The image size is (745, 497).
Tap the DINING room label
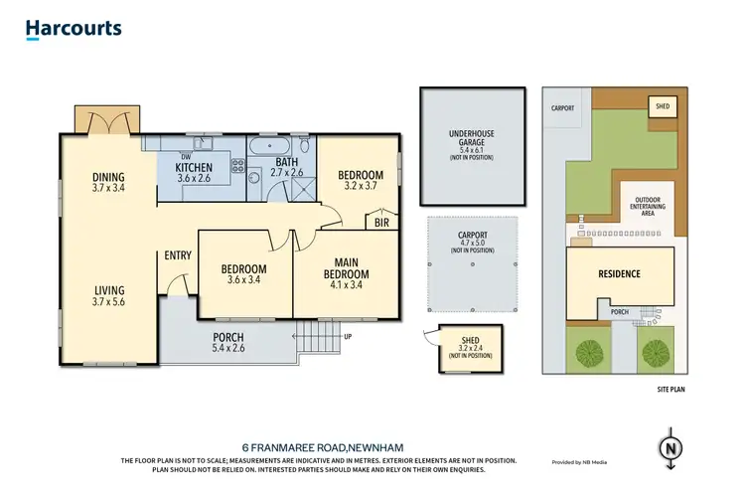(108, 178)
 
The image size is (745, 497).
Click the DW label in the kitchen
(185, 156)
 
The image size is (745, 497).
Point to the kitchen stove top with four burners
(237, 166)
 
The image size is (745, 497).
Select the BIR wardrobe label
(381, 224)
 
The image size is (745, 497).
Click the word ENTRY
(178, 255)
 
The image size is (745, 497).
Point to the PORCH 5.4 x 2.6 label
(227, 343)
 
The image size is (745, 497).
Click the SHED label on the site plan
(660, 103)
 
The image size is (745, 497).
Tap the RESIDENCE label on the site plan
(618, 273)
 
